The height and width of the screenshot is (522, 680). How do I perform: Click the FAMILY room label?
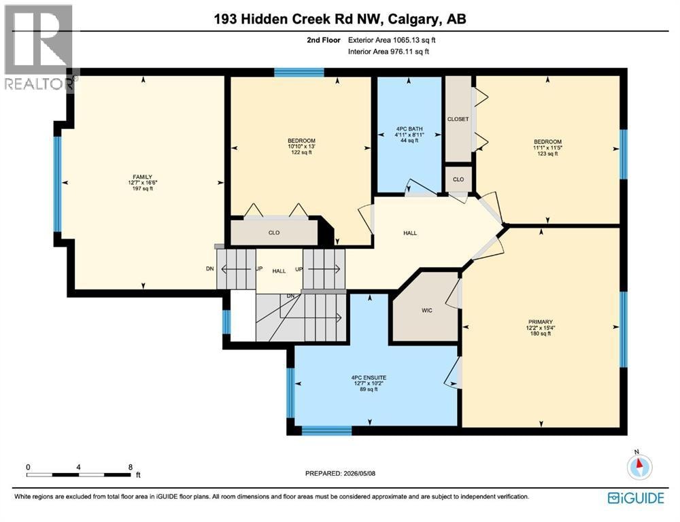click(143, 177)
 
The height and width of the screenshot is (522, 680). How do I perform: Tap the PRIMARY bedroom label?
click(541, 322)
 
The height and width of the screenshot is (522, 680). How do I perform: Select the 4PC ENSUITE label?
click(369, 378)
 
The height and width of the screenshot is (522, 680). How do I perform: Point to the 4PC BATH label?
click(409, 129)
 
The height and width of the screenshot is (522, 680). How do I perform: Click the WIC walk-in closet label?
click(427, 311)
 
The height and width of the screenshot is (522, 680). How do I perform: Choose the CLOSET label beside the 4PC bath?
click(458, 119)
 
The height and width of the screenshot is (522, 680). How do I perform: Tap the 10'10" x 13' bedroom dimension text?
click(301, 147)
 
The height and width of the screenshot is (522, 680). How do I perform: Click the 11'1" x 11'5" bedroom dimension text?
click(547, 148)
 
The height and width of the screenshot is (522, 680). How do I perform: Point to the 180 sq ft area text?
click(541, 334)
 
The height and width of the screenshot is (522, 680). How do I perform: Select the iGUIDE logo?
click(636, 498)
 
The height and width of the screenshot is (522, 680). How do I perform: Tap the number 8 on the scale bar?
click(130, 468)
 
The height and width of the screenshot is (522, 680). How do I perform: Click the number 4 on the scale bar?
click(78, 468)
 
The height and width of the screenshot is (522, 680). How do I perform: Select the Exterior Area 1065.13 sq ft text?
click(392, 40)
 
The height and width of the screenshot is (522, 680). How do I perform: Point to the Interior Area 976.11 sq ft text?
click(388, 52)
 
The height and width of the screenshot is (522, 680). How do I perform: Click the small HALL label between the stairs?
click(279, 271)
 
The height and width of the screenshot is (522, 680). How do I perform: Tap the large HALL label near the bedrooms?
click(410, 233)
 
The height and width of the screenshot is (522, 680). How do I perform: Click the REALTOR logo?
click(39, 48)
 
